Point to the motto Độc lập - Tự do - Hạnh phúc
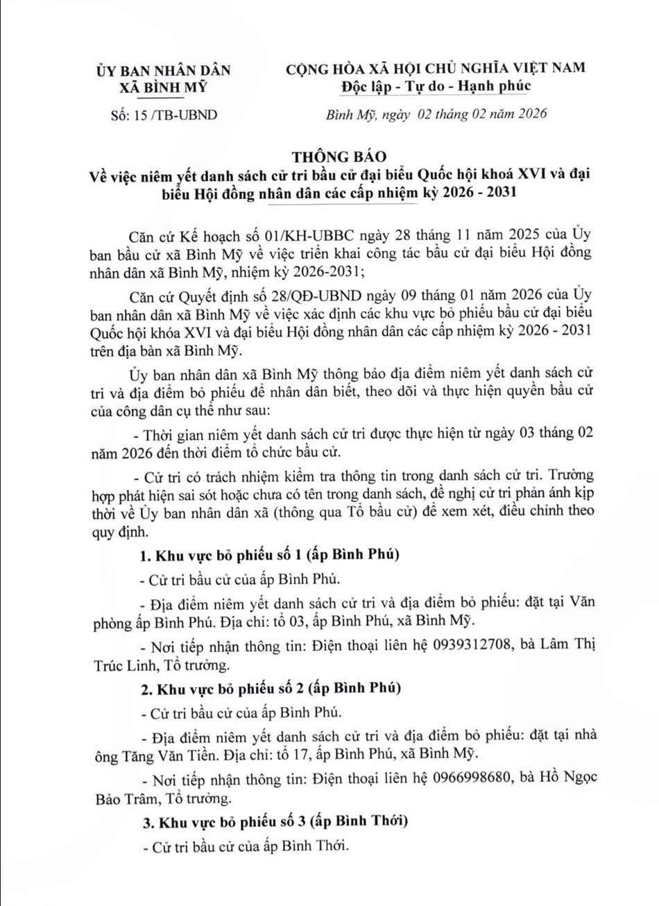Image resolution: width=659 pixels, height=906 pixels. (x=435, y=86)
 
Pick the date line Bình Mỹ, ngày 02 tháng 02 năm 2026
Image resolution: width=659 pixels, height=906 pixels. (x=436, y=114)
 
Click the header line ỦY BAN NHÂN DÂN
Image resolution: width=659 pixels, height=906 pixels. (x=164, y=70)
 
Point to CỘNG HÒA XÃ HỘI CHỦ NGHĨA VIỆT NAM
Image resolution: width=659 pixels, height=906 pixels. (x=436, y=67)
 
